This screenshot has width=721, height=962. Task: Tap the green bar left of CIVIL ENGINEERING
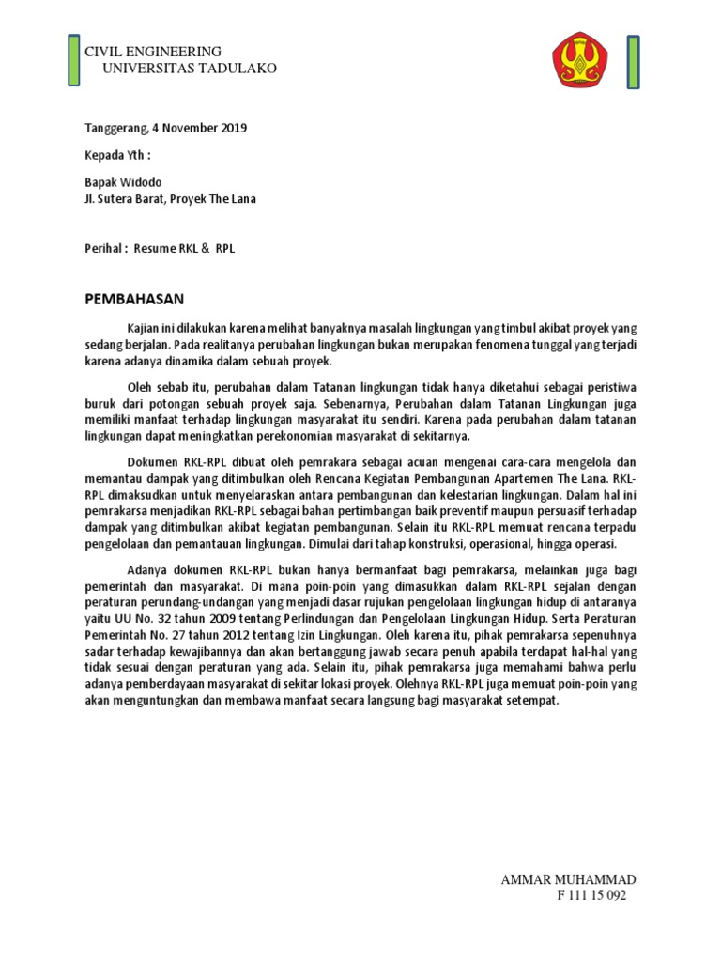(x=73, y=59)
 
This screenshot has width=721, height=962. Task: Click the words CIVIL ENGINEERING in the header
(x=153, y=52)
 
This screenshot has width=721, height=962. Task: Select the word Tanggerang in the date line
(x=115, y=128)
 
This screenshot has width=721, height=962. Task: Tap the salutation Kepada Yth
(x=117, y=153)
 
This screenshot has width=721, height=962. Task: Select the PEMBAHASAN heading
(x=134, y=299)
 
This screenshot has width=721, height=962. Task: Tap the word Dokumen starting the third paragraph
(x=153, y=461)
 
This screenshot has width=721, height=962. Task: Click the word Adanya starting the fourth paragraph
(x=150, y=569)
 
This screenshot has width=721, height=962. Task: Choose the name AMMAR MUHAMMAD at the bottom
(x=568, y=879)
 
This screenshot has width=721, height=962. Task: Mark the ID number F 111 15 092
(x=591, y=895)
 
